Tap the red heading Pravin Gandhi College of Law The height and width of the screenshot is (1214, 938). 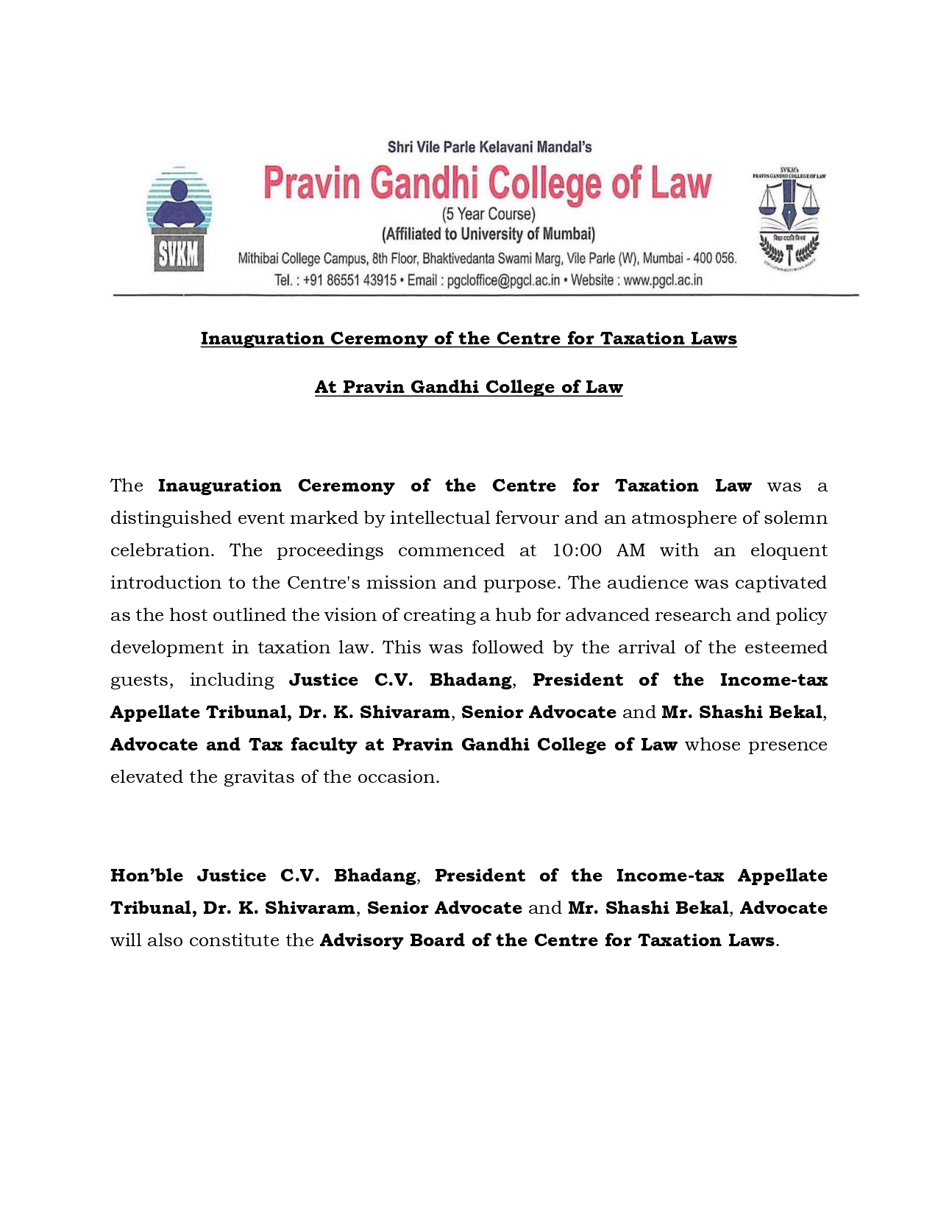tap(488, 183)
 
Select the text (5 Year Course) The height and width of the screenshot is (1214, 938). tap(488, 214)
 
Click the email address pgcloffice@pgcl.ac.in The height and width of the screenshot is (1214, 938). tap(503, 280)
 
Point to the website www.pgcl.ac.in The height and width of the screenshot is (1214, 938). tap(663, 280)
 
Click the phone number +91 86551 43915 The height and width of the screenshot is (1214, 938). tap(349, 280)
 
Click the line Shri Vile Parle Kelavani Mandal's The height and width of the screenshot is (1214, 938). tap(489, 147)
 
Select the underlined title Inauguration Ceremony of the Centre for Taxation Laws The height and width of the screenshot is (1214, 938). tap(469, 338)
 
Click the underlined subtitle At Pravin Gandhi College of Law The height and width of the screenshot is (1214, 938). tap(469, 387)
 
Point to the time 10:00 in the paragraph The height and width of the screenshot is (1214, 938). tap(577, 550)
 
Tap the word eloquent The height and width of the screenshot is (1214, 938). tap(789, 550)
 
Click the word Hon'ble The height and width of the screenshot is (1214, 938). tap(146, 876)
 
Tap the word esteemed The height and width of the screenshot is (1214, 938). tap(786, 647)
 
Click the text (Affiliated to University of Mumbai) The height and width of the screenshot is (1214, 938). tap(488, 235)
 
